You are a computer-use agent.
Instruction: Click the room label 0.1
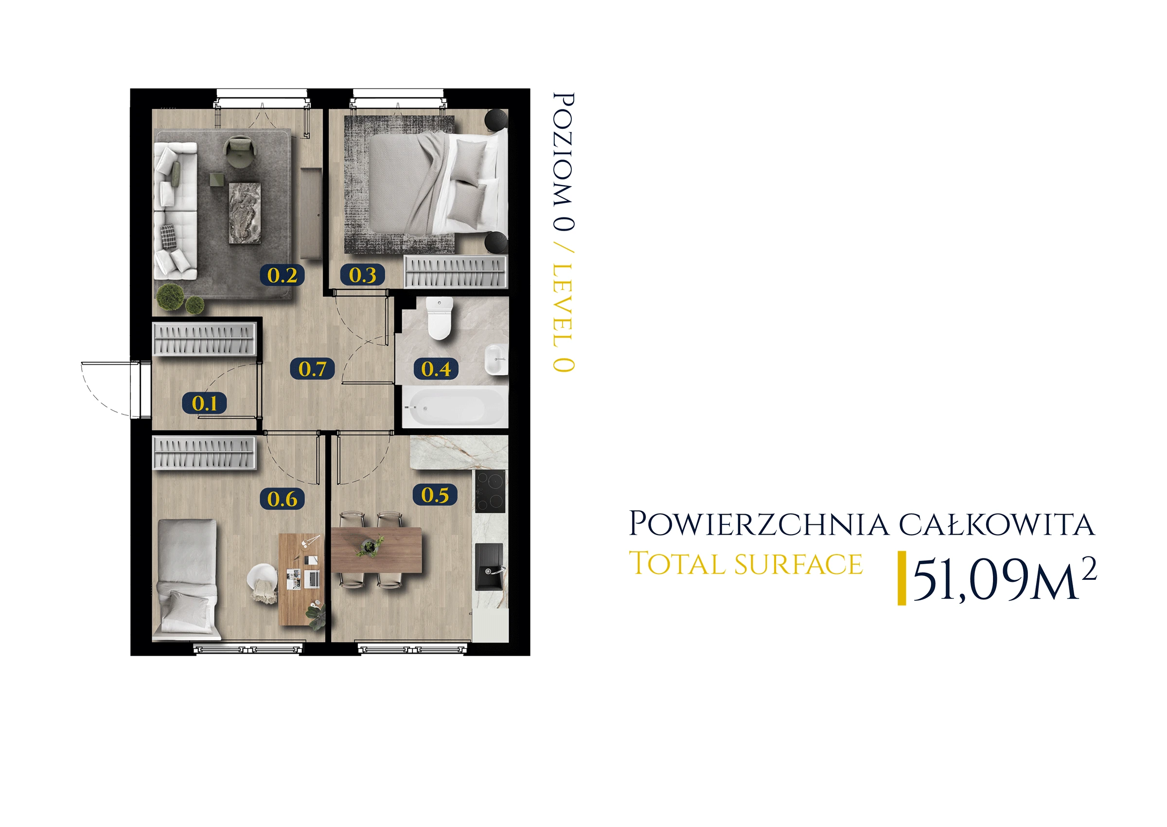205,403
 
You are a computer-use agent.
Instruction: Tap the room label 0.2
282,275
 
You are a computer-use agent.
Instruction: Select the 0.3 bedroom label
362,275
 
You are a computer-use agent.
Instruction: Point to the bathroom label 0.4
436,369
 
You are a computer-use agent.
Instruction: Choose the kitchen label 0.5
435,494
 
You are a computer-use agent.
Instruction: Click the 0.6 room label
282,499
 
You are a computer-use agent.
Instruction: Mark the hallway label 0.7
312,369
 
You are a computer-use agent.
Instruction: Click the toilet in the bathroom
439,318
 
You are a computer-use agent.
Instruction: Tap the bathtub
455,407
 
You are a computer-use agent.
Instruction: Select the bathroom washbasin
496,359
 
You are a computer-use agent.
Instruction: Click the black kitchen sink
490,567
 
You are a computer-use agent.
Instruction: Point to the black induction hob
490,491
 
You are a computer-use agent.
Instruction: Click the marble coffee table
245,213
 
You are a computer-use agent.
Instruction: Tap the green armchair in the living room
239,151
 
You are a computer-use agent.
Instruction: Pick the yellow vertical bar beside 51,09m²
902,578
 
